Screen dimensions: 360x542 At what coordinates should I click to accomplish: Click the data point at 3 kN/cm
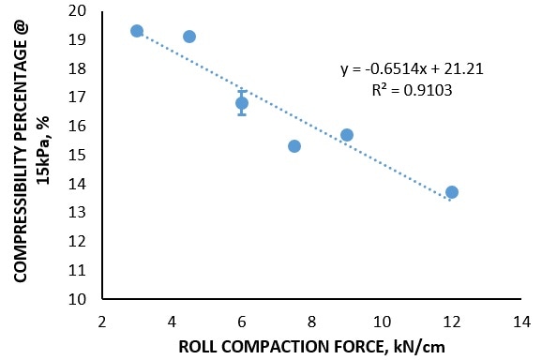[x=137, y=31]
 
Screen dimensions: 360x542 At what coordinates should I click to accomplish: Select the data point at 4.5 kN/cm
[x=189, y=37]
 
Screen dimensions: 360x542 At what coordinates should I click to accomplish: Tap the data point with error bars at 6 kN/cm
[x=242, y=103]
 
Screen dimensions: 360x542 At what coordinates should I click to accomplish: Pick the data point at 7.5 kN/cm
[x=294, y=146]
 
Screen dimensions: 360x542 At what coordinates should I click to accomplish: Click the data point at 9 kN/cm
[x=347, y=135]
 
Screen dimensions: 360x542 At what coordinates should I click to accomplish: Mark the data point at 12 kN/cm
[x=452, y=192]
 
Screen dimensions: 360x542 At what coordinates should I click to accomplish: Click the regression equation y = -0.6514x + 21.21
[x=412, y=68]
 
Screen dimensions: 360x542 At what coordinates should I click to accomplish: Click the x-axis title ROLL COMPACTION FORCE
[x=312, y=346]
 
